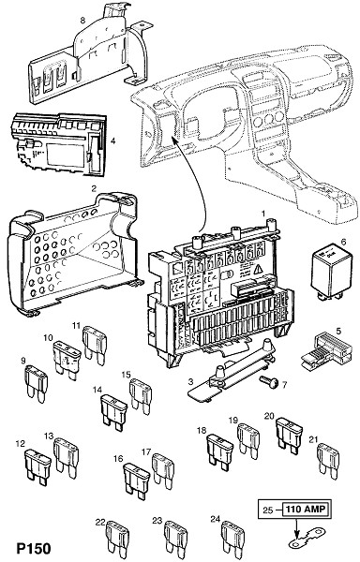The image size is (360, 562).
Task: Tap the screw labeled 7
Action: point(269,382)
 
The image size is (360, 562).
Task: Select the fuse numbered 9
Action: point(36,384)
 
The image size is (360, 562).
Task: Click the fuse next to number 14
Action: point(114,409)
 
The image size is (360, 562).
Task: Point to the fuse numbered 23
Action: point(175,540)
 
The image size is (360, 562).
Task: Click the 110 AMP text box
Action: point(306,510)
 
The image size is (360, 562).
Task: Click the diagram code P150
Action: point(34,548)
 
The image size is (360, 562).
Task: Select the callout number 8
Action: point(83,20)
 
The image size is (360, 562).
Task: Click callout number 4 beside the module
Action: point(112,140)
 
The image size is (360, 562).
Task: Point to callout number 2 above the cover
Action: point(94,188)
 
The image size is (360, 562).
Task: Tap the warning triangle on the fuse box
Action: point(259,269)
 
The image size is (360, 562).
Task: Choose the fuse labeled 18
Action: point(219,452)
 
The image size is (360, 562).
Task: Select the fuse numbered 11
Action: point(95,346)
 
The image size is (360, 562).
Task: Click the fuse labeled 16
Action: point(136,481)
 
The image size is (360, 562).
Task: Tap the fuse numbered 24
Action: point(233,540)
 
